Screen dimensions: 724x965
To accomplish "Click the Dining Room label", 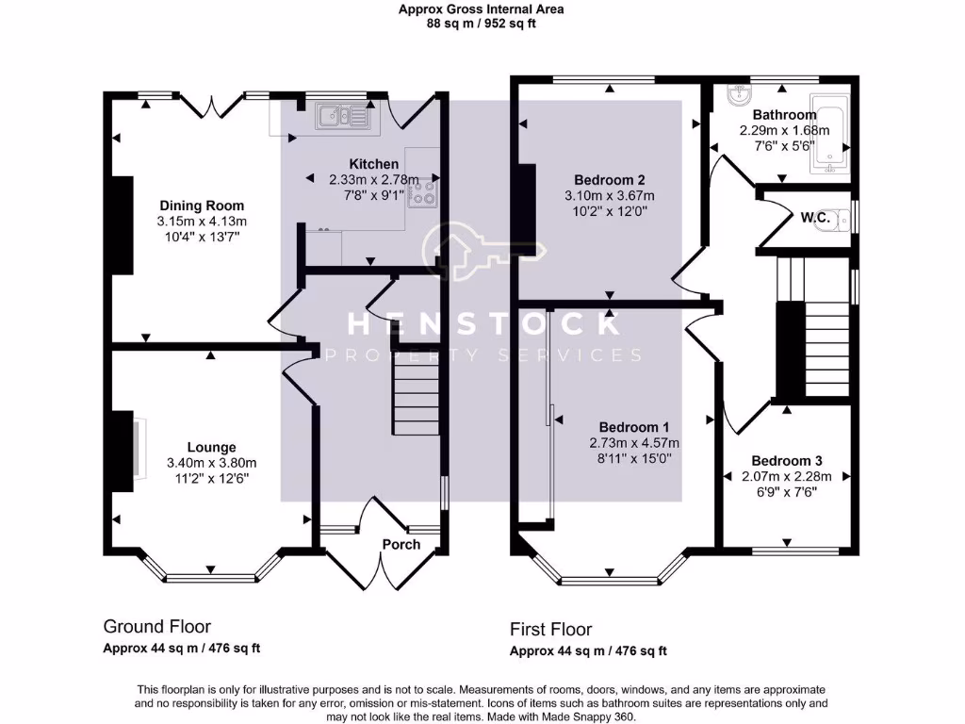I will (x=201, y=206).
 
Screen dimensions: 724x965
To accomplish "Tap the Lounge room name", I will (x=211, y=447).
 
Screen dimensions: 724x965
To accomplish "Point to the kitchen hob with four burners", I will (x=424, y=192).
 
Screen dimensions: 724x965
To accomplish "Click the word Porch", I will (x=401, y=544).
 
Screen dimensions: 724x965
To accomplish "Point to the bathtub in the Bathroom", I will (x=828, y=136).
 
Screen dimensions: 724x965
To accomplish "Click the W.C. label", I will (x=815, y=218).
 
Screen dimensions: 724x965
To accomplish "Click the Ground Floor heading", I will (x=156, y=627).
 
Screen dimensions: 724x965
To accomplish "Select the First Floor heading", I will (x=551, y=630).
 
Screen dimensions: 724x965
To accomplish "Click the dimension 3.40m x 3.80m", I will (x=211, y=462).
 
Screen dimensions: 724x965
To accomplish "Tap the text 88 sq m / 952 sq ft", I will (x=481, y=24).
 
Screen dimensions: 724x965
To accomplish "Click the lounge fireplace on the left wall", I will (x=124, y=451).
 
